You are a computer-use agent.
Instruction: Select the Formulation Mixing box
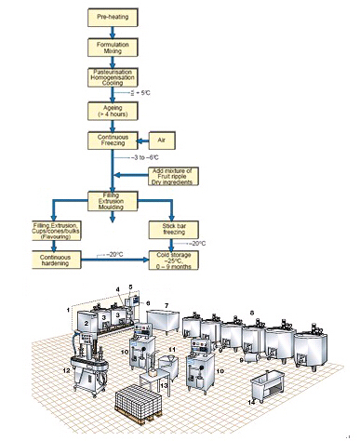[113, 47]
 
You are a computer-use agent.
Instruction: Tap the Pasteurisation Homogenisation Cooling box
[113, 77]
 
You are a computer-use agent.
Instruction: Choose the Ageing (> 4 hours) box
[113, 110]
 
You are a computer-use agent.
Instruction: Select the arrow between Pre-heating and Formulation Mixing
[113, 32]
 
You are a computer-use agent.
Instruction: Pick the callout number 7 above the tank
[167, 304]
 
